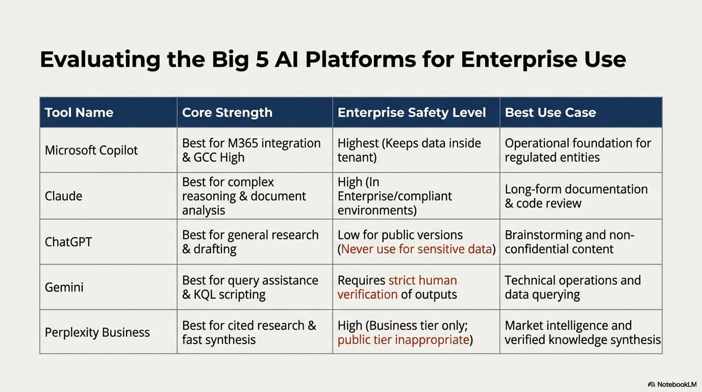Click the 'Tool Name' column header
(x=79, y=113)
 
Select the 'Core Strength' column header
(x=227, y=113)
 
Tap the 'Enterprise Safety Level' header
(x=411, y=113)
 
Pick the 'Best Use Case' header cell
(x=550, y=113)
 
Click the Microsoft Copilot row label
(x=91, y=151)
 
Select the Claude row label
(x=63, y=197)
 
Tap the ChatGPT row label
(x=68, y=242)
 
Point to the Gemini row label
(x=64, y=287)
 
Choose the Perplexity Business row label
(x=97, y=333)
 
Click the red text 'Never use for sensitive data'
(x=417, y=250)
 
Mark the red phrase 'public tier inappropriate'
(x=403, y=340)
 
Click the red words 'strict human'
(x=422, y=281)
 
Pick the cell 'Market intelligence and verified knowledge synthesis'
(x=581, y=333)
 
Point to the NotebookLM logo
(x=672, y=384)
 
